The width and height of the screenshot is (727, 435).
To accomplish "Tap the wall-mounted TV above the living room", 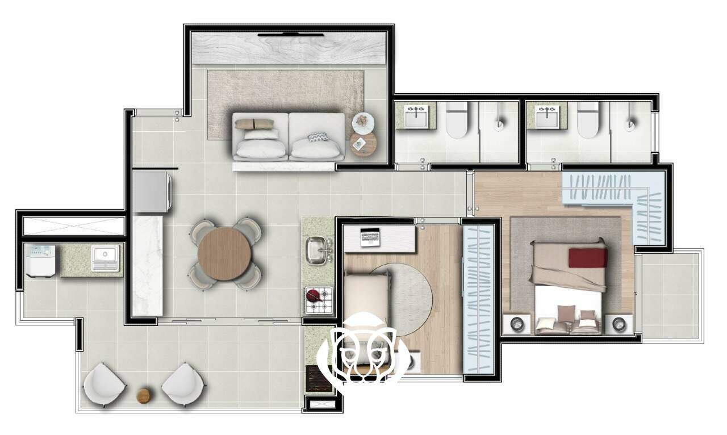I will (x=291, y=35).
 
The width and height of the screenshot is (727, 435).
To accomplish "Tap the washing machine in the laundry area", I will (x=41, y=261).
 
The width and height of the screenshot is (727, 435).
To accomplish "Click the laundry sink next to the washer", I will (x=105, y=258).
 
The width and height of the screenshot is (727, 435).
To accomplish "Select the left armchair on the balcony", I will (x=104, y=384).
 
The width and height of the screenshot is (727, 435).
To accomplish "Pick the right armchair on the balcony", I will (x=183, y=384).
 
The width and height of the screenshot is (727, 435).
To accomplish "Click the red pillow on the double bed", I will (x=587, y=257).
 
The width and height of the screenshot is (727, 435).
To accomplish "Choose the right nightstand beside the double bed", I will (x=619, y=324).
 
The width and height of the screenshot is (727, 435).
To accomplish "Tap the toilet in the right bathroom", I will (x=587, y=120).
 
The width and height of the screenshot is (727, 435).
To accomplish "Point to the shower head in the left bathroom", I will (x=499, y=123).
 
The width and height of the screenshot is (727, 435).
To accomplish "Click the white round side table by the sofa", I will (x=362, y=121).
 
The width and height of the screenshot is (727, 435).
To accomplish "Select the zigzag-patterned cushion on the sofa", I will (x=317, y=137).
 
